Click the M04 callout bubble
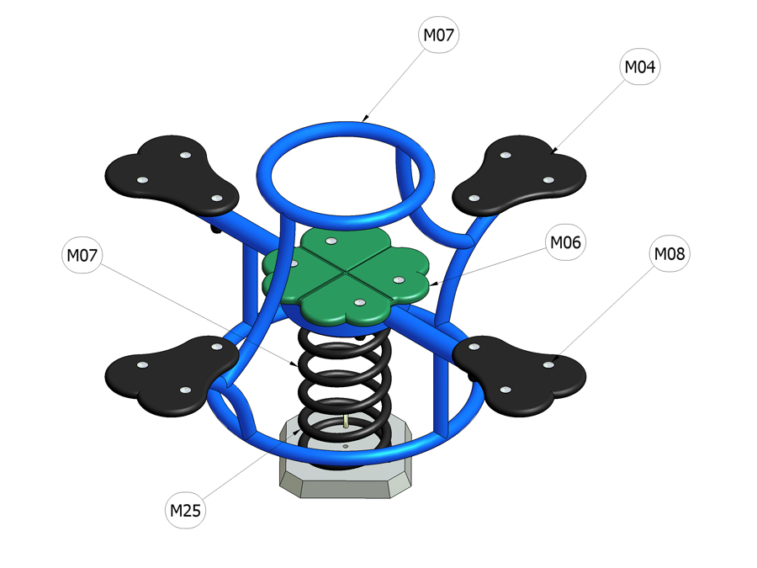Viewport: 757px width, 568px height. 639,67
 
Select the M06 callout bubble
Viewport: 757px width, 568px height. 565,242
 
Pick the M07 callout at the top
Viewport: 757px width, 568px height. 439,35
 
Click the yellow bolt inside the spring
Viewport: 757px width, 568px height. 346,421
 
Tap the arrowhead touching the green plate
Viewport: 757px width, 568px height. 433,284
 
